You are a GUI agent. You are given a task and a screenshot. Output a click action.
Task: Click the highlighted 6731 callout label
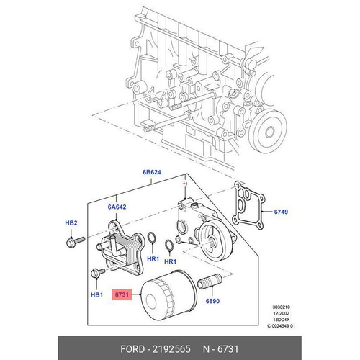pyautogui.click(x=122, y=294)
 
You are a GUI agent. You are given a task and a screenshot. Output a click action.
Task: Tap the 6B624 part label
pyautogui.click(x=152, y=172)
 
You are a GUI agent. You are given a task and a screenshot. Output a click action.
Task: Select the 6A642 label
pyautogui.click(x=117, y=207)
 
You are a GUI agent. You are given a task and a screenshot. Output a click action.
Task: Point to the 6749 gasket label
pyautogui.click(x=281, y=212)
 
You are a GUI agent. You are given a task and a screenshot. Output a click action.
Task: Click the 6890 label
pyautogui.click(x=212, y=301)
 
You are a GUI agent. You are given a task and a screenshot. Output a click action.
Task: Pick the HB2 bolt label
pyautogui.click(x=71, y=223)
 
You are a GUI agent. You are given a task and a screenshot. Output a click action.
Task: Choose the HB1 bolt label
pyautogui.click(x=96, y=294)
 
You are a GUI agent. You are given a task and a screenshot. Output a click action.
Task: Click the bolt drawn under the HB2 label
pyautogui.click(x=75, y=242)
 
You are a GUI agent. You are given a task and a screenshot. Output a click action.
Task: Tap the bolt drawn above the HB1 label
pyautogui.click(x=98, y=273)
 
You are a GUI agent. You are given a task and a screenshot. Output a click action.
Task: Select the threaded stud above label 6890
pyautogui.click(x=210, y=281)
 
